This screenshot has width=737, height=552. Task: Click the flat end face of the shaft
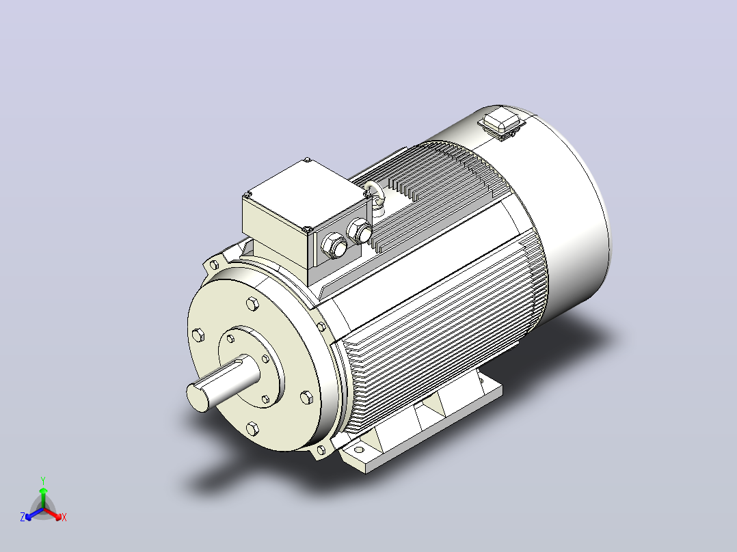[198, 397]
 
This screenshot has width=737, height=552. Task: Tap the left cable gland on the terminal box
[334, 245]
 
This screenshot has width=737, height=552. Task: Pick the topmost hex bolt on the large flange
[252, 304]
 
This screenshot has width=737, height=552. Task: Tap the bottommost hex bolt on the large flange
[252, 429]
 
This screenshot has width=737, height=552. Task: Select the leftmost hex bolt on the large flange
[198, 335]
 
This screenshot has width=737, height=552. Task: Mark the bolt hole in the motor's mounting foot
[359, 450]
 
